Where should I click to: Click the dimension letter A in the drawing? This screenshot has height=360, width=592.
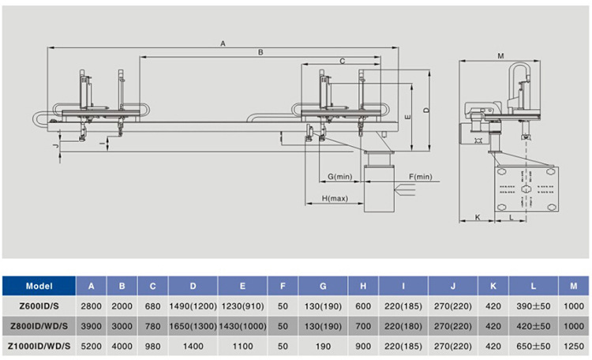223,43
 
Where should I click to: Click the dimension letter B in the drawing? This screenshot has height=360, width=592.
260,53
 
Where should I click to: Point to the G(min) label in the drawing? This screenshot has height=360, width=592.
339,175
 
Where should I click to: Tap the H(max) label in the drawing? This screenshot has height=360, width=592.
335,197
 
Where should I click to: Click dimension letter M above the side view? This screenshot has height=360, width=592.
501,55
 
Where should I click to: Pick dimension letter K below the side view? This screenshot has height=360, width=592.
477,216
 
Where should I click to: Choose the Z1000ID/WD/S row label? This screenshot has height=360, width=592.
39,345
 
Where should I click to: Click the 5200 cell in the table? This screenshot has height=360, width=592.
91,345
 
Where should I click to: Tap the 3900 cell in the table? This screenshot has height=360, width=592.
91,325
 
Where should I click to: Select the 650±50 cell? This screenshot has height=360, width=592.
534,345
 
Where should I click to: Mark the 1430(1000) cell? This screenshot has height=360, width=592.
243,325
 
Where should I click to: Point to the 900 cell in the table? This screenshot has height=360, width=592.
362,345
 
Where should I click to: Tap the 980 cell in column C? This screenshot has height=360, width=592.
152,345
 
